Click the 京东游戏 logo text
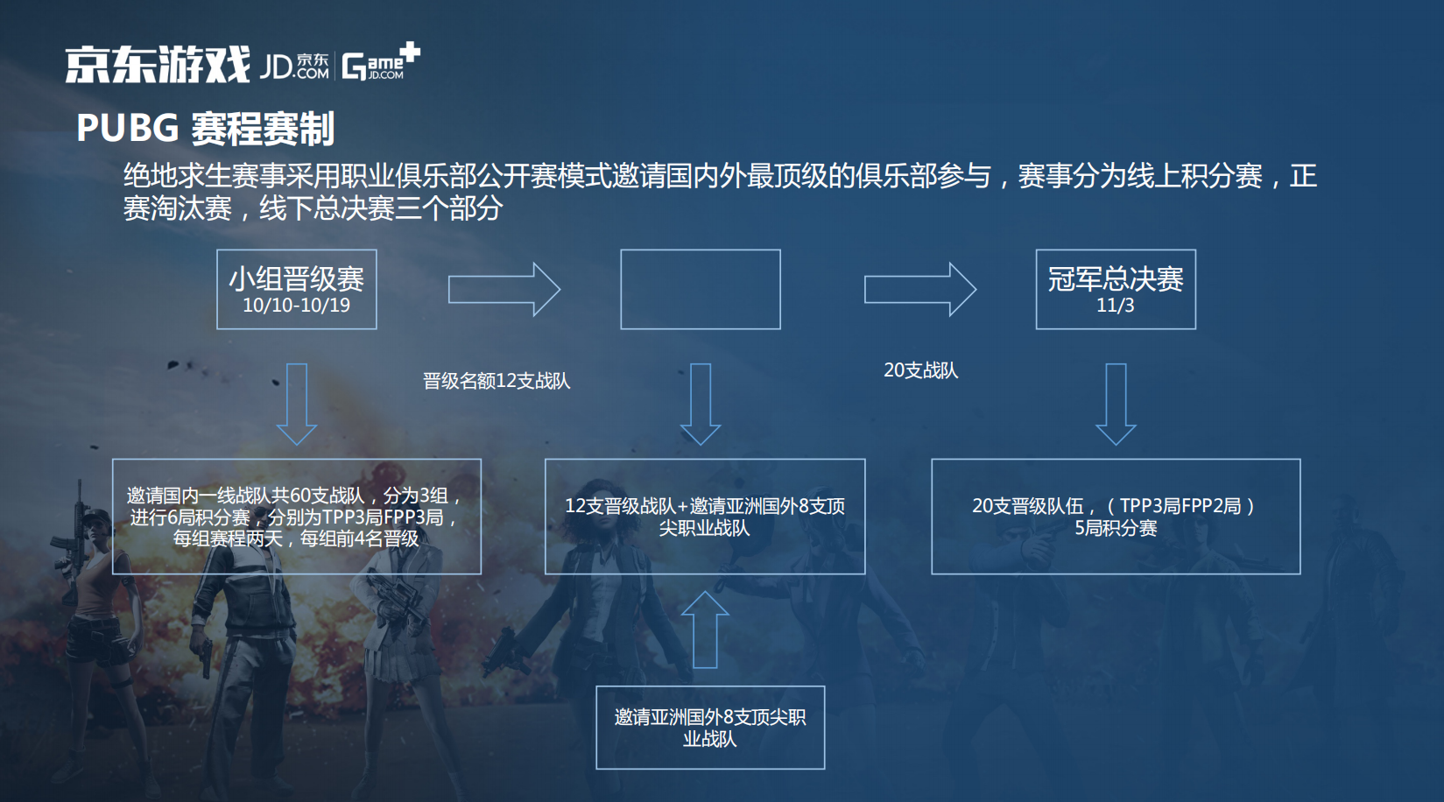coord(158,65)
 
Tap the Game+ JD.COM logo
coord(381,62)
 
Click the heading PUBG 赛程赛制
coord(205,128)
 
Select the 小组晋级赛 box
coord(297,290)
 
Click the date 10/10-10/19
coord(297,305)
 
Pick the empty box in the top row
coord(701,290)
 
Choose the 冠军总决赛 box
coord(1116,290)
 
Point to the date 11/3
coord(1116,305)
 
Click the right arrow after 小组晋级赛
coord(504,290)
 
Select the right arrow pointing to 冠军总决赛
coord(920,290)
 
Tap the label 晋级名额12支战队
coord(497,381)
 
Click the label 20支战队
coord(920,370)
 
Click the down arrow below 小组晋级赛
coord(297,405)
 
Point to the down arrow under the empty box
coord(701,405)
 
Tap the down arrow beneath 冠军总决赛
coord(1116,405)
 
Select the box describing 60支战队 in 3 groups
coord(297,517)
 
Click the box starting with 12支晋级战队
coord(705,517)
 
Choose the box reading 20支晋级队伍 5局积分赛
coord(1116,517)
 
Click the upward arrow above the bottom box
coord(705,630)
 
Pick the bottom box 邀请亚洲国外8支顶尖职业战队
coord(710,728)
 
